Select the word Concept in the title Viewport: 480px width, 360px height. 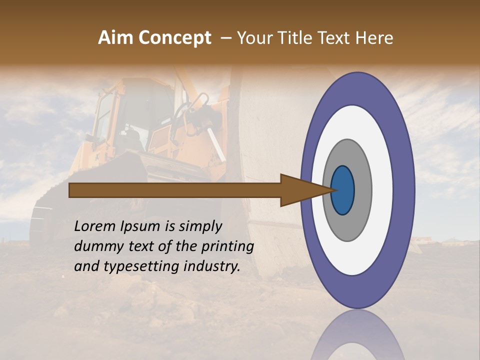[x=174, y=38]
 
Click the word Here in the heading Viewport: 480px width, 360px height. [x=374, y=38]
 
